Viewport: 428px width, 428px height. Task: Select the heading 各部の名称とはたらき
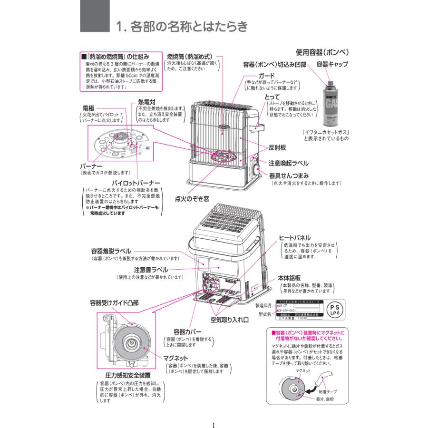tap(183, 26)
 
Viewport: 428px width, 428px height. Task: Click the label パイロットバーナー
tap(136, 182)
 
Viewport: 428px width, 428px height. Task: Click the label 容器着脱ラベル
tap(111, 251)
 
